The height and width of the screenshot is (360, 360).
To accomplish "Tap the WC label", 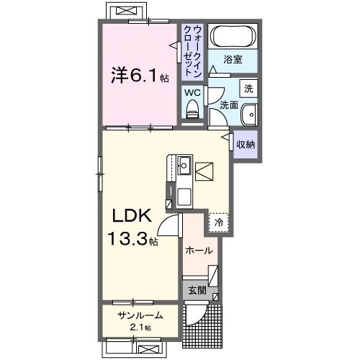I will pyautogui.click(x=192, y=92).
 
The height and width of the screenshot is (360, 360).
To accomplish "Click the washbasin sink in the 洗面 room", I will pyautogui.click(x=249, y=114).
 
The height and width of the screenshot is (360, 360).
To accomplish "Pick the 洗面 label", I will pyautogui.click(x=229, y=104).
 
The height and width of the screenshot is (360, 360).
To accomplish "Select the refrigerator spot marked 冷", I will pyautogui.click(x=218, y=223).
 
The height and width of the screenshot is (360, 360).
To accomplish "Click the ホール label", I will pyautogui.click(x=199, y=251).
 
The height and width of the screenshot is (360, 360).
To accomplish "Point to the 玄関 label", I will pyautogui.click(x=197, y=291).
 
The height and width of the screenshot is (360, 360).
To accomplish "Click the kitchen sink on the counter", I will pyautogui.click(x=183, y=164).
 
